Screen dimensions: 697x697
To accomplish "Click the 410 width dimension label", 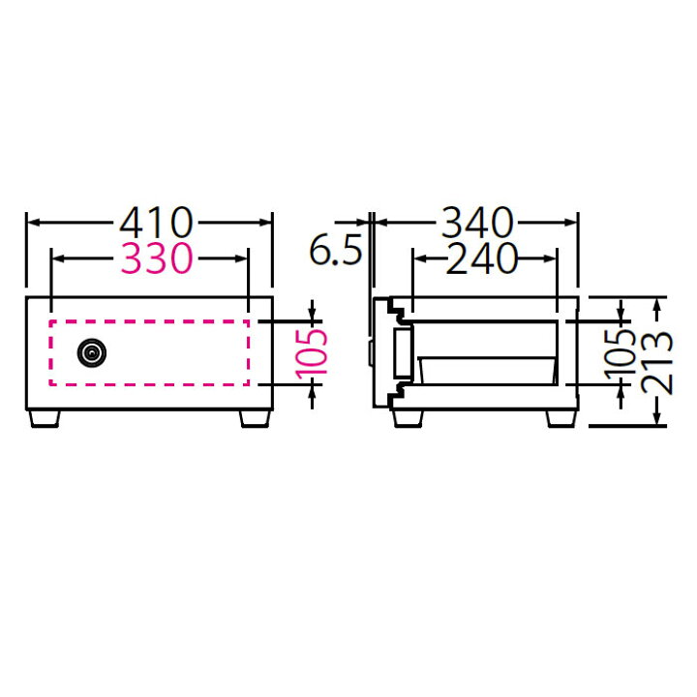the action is pyautogui.click(x=157, y=223).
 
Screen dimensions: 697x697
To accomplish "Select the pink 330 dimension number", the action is pyautogui.click(x=157, y=258).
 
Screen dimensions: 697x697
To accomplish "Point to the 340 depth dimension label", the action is pyautogui.click(x=477, y=223).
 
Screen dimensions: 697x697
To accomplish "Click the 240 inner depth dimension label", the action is pyautogui.click(x=482, y=258).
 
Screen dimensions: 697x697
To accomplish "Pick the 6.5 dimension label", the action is pyautogui.click(x=336, y=251).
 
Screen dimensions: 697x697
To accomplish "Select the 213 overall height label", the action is pyautogui.click(x=657, y=363).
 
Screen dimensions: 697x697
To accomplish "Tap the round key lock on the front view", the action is pyautogui.click(x=92, y=353).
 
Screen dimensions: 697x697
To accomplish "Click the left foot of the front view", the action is pyautogui.click(x=45, y=419).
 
